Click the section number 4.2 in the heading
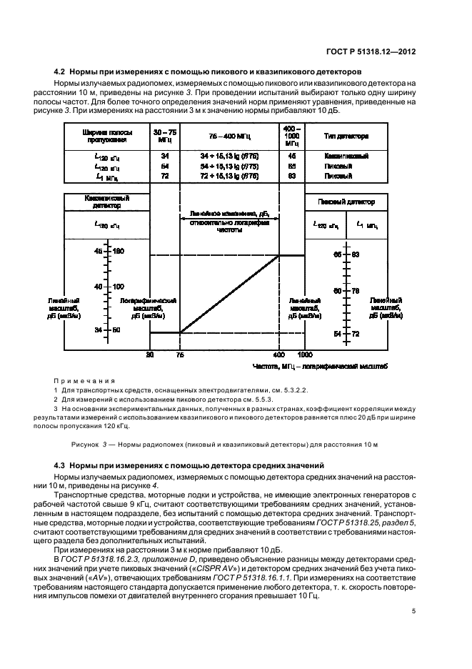tap(62, 72)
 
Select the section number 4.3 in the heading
tap(62, 465)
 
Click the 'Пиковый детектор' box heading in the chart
tap(348, 202)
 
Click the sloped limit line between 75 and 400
tap(229, 294)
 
